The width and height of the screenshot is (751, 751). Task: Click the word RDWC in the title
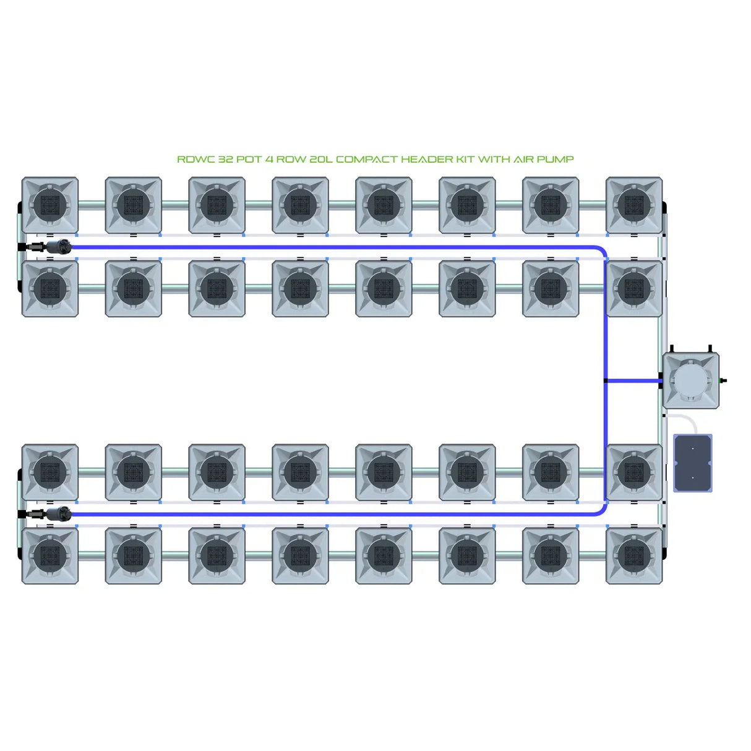point(196,159)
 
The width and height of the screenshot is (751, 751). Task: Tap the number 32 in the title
point(225,159)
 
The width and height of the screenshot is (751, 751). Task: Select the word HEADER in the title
point(427,159)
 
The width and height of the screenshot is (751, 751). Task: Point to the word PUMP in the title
point(555,159)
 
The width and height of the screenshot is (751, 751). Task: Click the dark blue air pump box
point(692,463)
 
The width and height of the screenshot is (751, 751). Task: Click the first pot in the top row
point(50,205)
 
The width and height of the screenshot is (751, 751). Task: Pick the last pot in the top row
point(634,205)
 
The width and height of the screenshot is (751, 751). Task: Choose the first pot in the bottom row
point(50,556)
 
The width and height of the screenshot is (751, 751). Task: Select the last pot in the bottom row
point(634,556)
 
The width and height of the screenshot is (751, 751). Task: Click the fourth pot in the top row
point(300,205)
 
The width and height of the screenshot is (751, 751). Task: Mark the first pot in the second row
point(50,288)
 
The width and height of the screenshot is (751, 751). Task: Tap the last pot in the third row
point(634,472)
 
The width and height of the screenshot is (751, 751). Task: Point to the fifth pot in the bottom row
point(384,556)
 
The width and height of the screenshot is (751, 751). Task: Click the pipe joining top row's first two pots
point(92,205)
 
